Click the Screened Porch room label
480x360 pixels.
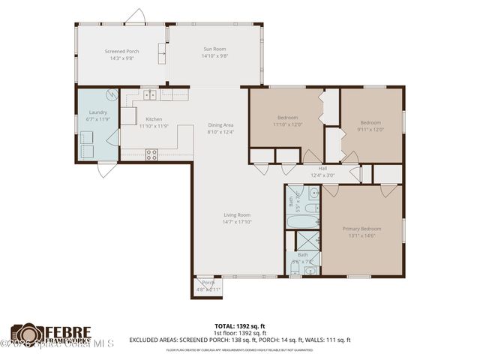pos(120,52)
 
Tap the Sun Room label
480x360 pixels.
pos(214,50)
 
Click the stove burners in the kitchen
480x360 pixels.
pos(151,154)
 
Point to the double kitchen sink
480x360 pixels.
pos(150,94)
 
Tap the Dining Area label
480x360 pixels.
pos(220,125)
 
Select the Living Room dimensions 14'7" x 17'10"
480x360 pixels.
pos(237,221)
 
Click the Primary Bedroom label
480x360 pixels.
pos(361,229)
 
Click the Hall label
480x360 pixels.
pos(322,169)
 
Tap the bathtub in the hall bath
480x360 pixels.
pos(302,221)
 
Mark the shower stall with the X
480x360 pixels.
pos(307,240)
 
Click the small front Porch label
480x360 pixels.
pos(208,283)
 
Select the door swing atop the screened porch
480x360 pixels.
pos(135,16)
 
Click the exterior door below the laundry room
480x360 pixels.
pos(107,169)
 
